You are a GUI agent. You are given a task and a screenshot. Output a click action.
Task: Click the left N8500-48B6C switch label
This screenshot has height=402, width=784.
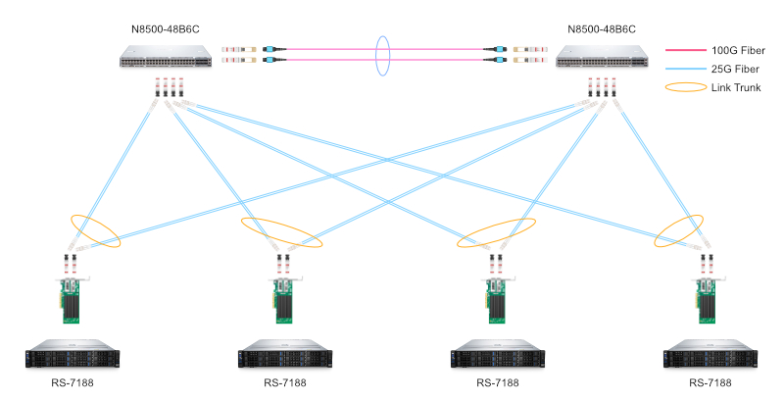tap(164, 30)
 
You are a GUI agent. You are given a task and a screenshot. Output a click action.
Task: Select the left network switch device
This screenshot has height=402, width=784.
tap(166, 62)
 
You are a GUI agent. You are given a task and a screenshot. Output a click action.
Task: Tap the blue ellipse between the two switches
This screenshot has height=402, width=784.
tap(382, 57)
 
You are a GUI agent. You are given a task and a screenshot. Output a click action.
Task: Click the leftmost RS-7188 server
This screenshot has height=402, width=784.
tap(73, 354)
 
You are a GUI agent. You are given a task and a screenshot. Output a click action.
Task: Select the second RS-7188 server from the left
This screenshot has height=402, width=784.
tap(285, 354)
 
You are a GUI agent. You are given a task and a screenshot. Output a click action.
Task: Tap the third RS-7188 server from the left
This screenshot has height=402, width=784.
tap(497, 354)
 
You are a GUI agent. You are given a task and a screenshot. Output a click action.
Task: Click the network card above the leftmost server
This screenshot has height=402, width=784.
tap(73, 300)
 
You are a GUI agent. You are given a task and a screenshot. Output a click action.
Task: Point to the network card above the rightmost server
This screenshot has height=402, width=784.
tap(708, 300)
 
